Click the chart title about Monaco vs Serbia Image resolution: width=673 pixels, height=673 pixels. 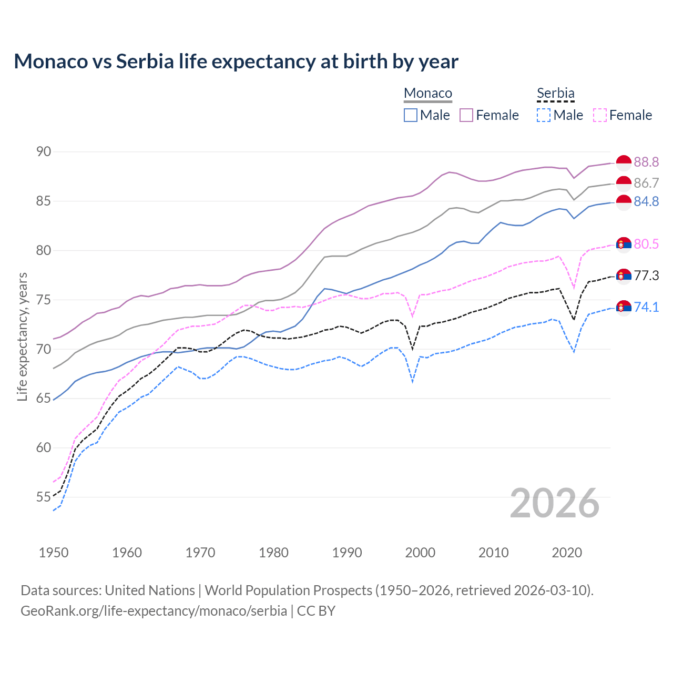click(x=236, y=62)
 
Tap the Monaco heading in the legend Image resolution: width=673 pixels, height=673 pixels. click(x=428, y=93)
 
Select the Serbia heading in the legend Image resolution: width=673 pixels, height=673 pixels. click(x=555, y=93)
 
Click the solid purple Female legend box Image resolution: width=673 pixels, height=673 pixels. click(x=466, y=115)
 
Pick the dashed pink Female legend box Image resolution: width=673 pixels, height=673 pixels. click(x=600, y=115)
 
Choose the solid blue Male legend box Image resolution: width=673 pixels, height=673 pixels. click(x=411, y=115)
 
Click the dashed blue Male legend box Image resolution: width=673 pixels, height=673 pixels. click(x=544, y=115)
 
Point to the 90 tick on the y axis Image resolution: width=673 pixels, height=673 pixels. click(x=44, y=152)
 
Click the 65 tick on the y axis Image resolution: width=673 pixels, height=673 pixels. click(x=44, y=399)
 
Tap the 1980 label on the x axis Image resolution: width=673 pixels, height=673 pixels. click(x=273, y=553)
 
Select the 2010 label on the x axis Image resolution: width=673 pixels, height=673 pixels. click(x=493, y=553)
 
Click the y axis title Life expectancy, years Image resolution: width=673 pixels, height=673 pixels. click(x=22, y=336)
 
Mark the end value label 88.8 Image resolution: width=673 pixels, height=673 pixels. click(x=646, y=162)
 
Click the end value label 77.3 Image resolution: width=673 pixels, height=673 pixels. click(x=646, y=276)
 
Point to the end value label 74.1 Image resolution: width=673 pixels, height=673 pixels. click(x=646, y=307)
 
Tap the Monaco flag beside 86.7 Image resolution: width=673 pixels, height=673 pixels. click(x=624, y=183)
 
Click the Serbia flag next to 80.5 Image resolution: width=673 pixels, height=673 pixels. click(x=624, y=244)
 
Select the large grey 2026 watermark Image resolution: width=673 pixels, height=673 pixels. click(x=554, y=503)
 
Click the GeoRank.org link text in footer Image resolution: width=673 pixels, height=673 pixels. click(x=154, y=611)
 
